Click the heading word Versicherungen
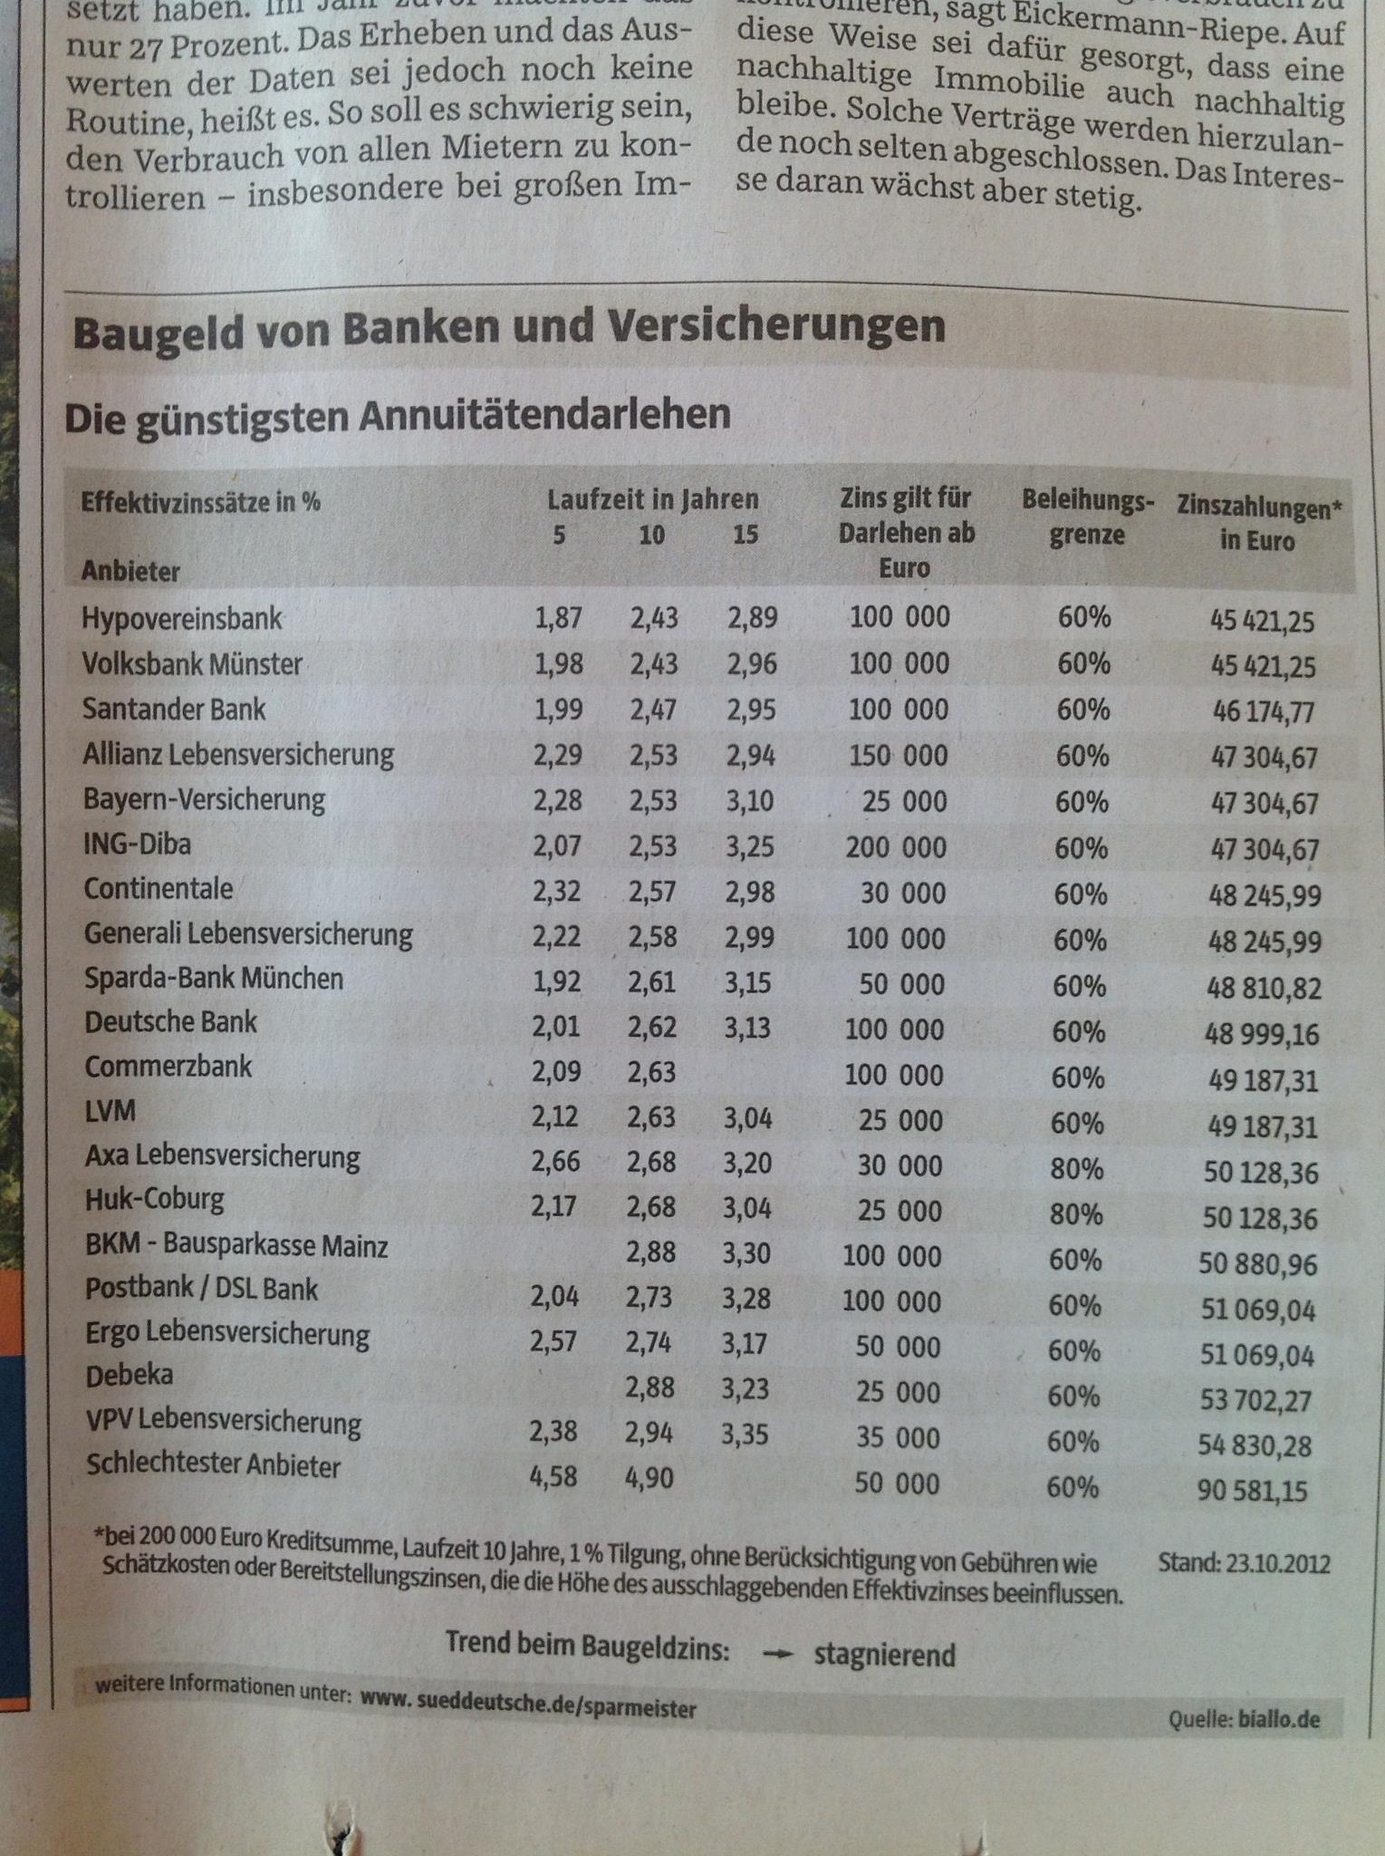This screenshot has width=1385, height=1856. click(776, 326)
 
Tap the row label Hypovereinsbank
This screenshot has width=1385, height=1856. click(181, 618)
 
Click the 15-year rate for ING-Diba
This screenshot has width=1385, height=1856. click(751, 846)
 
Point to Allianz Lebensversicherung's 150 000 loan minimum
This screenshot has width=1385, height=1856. click(897, 755)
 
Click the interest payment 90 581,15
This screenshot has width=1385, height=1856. click(1252, 1491)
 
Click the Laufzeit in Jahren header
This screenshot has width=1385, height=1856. click(652, 499)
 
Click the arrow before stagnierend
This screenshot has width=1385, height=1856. click(778, 1655)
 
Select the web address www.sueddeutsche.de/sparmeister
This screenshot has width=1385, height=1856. click(528, 1703)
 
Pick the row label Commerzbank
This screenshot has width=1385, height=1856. click(168, 1067)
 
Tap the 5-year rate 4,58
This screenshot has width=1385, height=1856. click(553, 1476)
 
